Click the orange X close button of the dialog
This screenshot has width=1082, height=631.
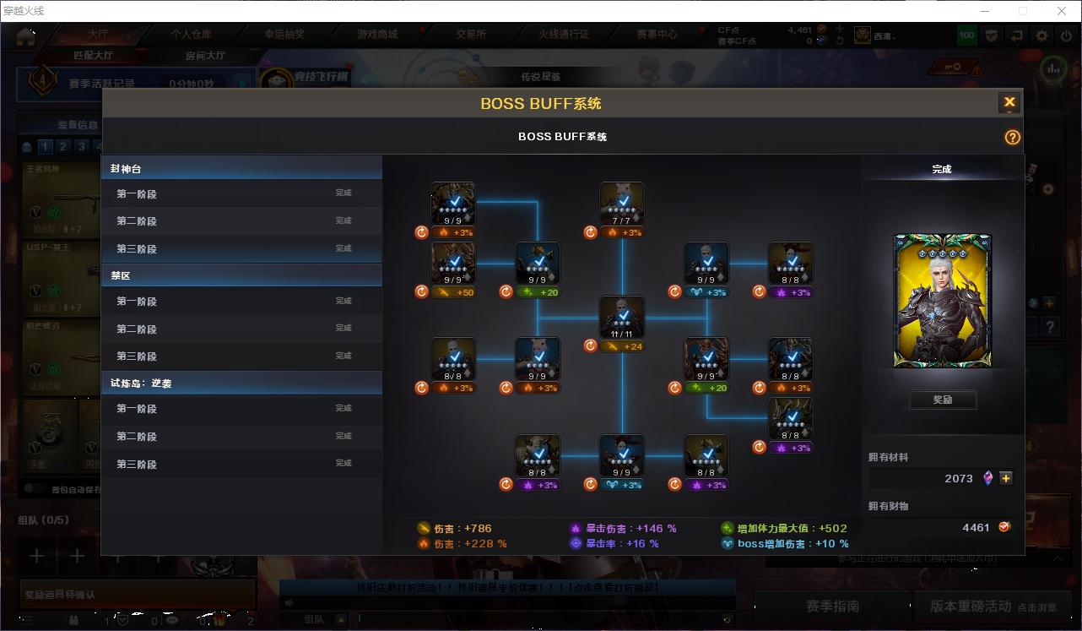(1009, 103)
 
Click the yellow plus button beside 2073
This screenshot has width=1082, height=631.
(1005, 478)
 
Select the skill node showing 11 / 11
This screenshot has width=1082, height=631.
(622, 318)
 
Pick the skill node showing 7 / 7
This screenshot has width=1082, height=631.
(622, 204)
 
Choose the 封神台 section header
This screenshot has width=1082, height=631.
(241, 168)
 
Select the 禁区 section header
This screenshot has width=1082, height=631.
(241, 275)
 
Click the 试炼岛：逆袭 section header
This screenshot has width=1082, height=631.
(241, 383)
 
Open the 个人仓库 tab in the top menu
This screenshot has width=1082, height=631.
(192, 35)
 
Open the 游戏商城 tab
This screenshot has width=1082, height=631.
(377, 35)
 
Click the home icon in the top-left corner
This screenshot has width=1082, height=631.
(25, 36)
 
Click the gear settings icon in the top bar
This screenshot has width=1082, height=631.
(1042, 35)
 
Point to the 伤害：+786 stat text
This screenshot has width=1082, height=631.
(463, 529)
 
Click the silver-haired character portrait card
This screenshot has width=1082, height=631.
(943, 301)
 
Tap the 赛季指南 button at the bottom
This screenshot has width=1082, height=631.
(832, 607)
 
